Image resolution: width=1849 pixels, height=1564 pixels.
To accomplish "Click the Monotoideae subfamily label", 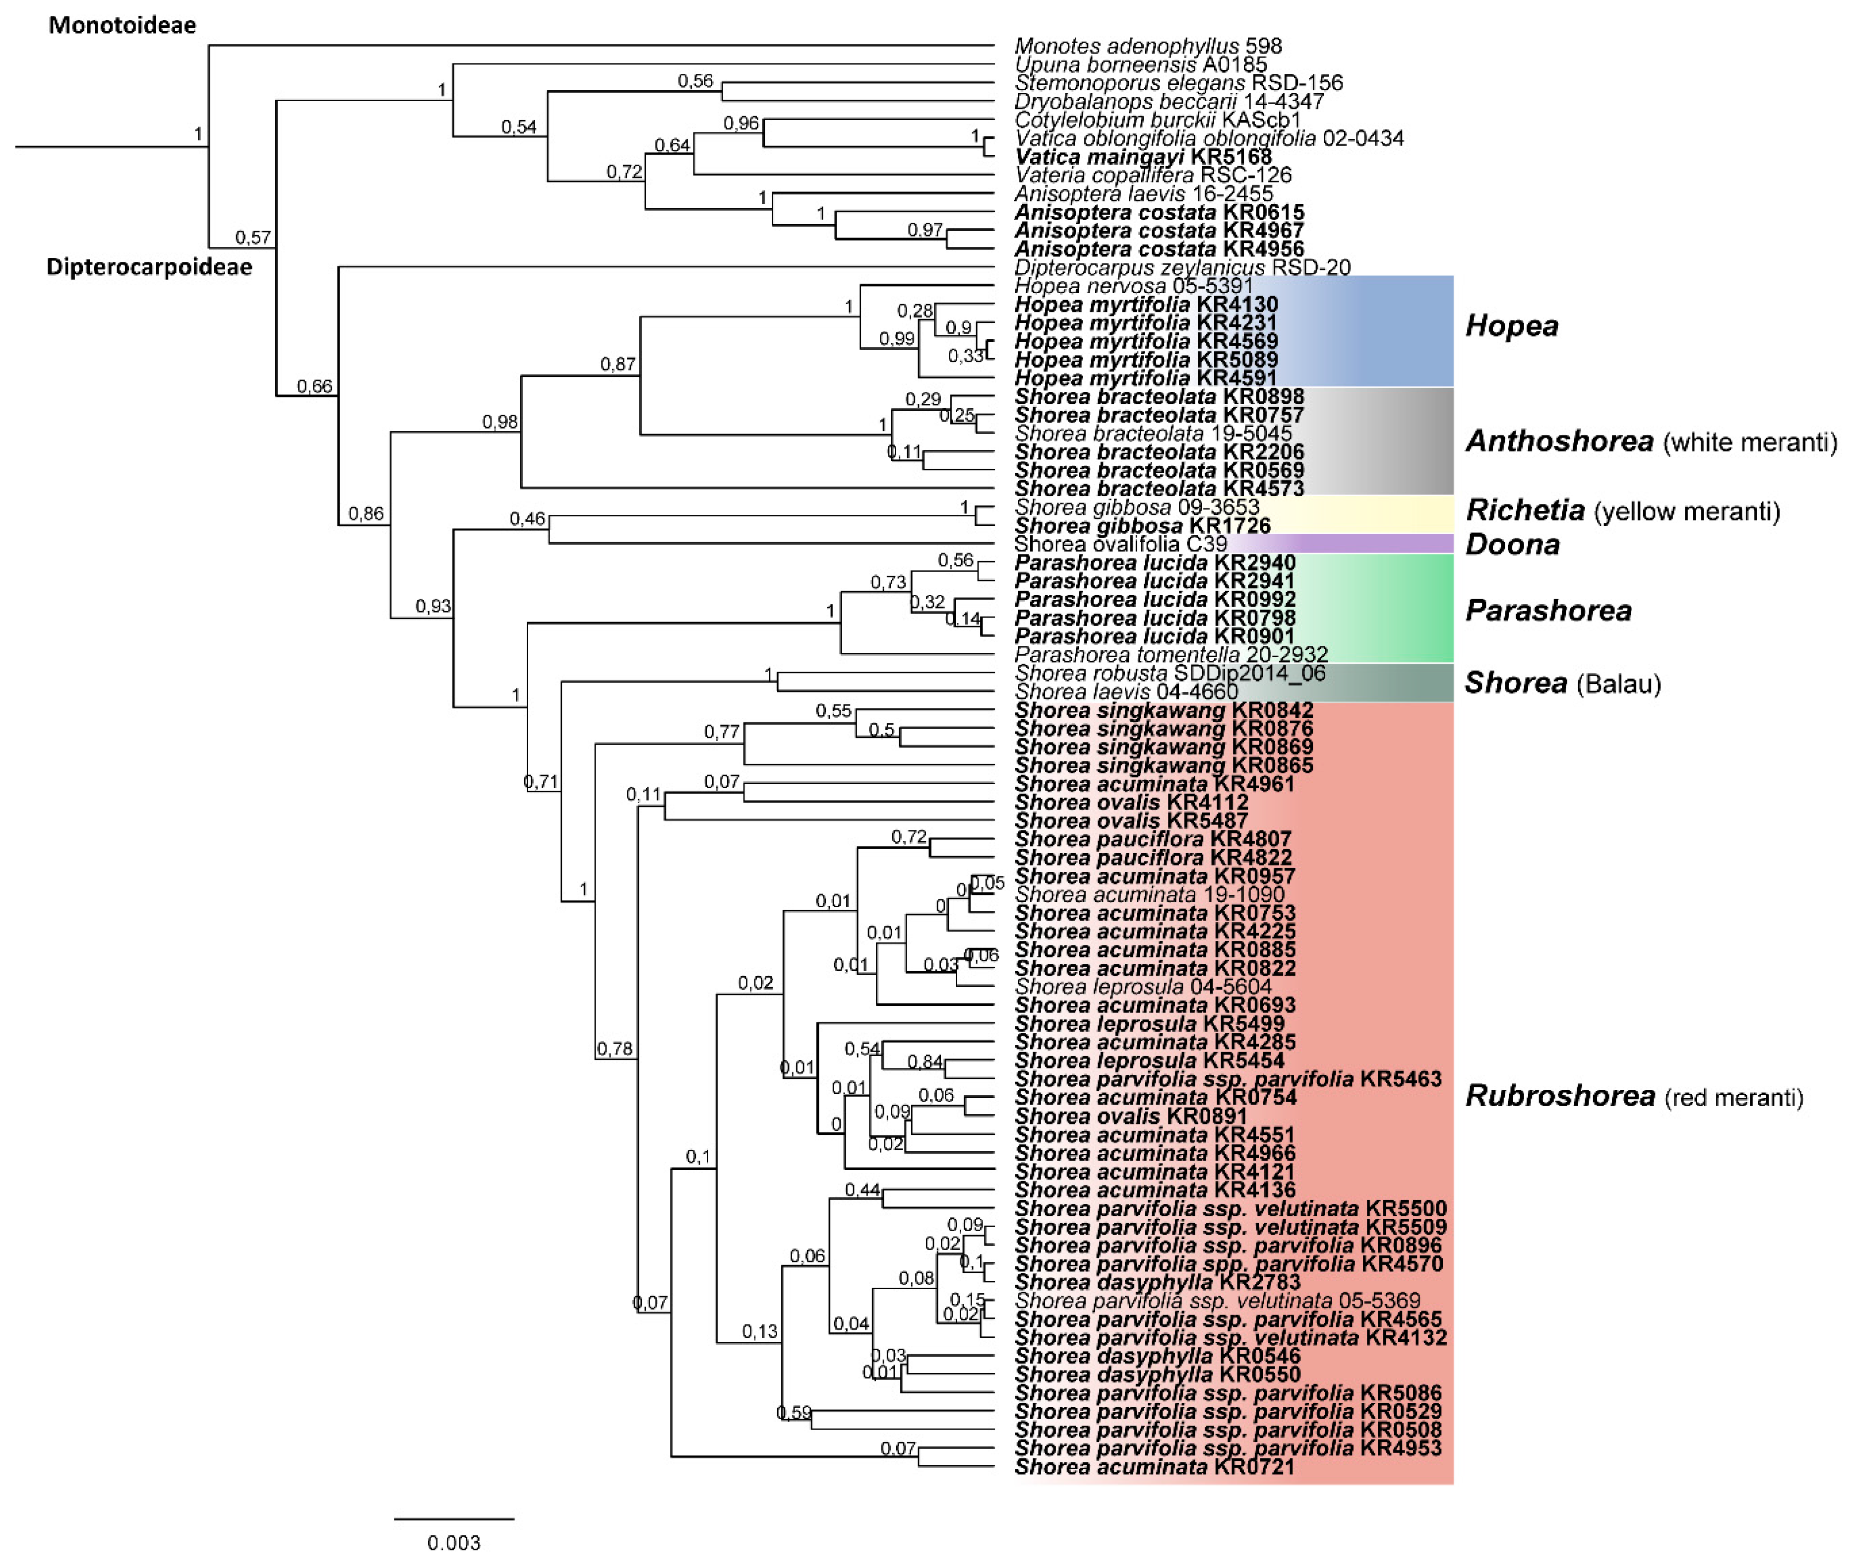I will click(123, 25).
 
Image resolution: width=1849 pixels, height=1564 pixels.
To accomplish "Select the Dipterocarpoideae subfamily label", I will click(149, 267).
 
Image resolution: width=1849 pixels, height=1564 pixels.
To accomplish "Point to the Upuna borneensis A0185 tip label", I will click(1141, 64).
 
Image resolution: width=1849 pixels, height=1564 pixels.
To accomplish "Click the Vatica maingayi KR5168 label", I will click(1143, 157).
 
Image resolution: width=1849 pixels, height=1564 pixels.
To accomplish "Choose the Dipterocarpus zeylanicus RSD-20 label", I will click(1182, 267).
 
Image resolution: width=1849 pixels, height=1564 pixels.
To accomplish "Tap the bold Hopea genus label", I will click(1511, 325).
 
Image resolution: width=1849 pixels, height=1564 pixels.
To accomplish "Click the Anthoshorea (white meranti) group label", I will click(1651, 440).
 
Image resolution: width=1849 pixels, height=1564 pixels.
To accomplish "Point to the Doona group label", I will click(1512, 544).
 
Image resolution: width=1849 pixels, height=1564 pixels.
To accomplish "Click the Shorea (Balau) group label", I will click(1562, 682).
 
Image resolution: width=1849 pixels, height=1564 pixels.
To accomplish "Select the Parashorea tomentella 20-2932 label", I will click(1171, 654).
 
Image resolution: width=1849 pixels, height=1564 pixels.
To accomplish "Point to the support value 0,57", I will click(252, 237).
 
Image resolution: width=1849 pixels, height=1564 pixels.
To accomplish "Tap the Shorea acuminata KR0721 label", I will click(1154, 1466).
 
